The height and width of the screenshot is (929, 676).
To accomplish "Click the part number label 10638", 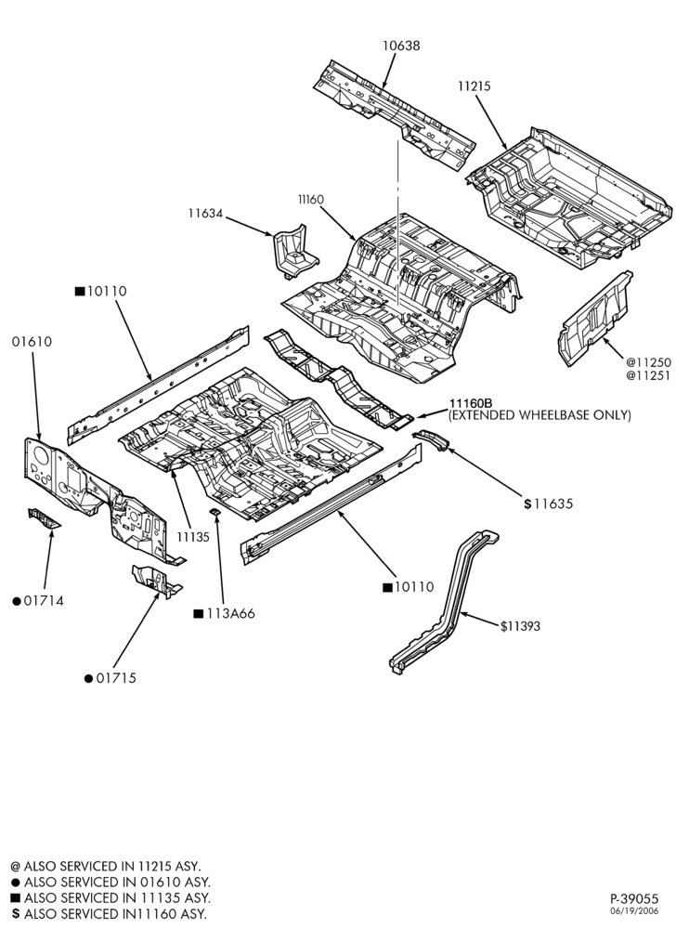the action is point(401,45).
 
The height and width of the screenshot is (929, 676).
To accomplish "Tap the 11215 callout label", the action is point(474,85).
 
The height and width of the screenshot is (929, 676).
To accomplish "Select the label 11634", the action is point(205,213).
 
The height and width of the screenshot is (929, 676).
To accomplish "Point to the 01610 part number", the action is point(32,342).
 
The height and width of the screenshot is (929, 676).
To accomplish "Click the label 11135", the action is point(193,537).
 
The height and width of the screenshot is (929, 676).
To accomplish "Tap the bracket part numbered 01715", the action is point(155,581).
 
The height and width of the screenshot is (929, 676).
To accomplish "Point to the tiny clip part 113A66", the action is point(215,511).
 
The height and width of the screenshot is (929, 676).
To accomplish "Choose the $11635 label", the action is point(549,504).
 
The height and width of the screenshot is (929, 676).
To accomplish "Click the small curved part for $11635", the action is point(430,439).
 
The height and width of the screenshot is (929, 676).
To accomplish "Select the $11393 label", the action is point(520,626).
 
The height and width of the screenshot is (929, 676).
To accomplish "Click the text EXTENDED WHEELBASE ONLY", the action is point(539,415).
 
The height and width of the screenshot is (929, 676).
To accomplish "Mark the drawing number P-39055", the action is point(634,898).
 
